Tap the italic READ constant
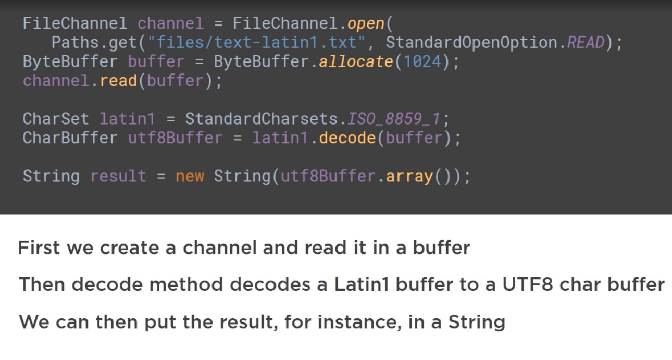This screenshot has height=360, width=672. (586, 42)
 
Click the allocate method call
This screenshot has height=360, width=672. (356, 61)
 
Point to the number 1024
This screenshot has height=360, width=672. (422, 61)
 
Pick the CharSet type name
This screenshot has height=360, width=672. (56, 119)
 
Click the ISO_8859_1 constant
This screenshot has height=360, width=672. (394, 119)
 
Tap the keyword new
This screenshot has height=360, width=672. (190, 176)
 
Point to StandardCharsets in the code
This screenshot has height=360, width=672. (262, 119)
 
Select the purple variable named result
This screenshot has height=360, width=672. (118, 176)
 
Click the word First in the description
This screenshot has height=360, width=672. (39, 247)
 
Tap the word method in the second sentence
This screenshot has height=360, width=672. (187, 284)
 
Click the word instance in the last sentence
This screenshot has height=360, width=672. (359, 322)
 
